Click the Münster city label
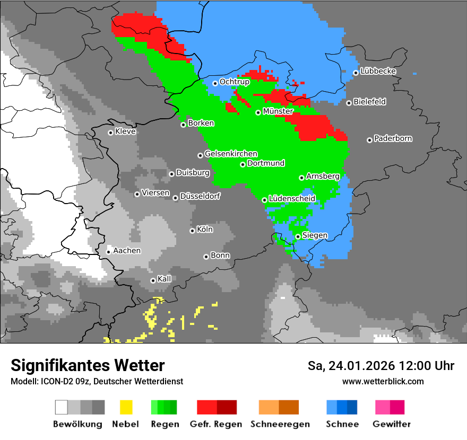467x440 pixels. point(278,112)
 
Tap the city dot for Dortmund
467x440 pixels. point(243,164)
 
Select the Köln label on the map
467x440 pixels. point(205,230)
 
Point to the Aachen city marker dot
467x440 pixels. point(108,252)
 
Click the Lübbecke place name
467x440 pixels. point(378,72)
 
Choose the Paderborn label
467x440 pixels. point(393,139)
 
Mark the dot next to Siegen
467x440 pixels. point(298,237)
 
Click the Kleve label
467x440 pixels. point(125,131)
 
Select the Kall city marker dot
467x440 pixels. point(153,280)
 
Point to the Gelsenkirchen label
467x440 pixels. point(231,154)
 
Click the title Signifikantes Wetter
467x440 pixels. point(88,365)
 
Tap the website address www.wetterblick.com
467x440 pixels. point(383,381)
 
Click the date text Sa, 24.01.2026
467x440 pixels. point(350,366)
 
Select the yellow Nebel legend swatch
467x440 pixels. point(126,407)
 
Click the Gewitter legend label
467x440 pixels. point(391,424)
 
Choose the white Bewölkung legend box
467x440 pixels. point(62,407)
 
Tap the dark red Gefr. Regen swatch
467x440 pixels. point(227,407)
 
